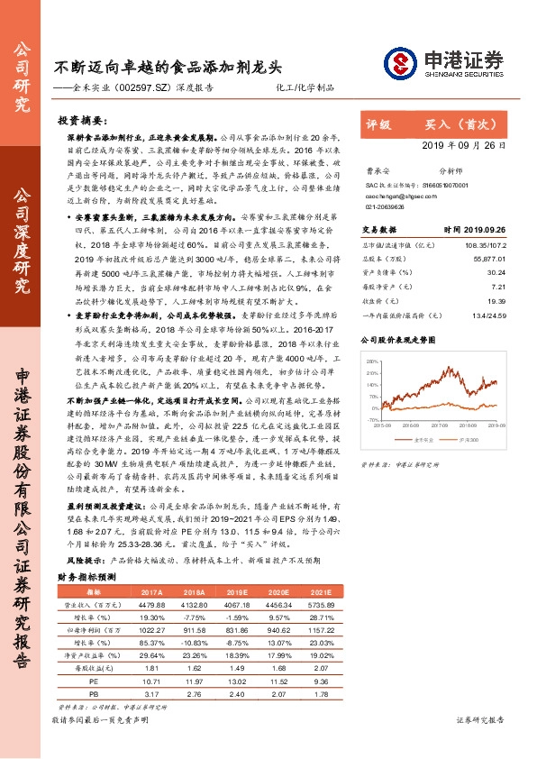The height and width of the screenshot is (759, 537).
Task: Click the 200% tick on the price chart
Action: (x=370, y=359)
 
